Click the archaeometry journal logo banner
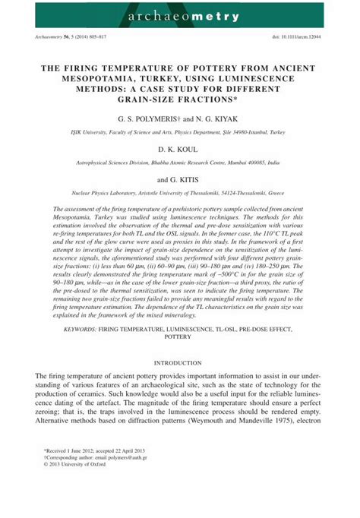180,14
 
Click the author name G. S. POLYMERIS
150,119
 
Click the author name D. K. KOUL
180,150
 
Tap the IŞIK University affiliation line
180,132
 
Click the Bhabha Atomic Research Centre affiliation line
180,163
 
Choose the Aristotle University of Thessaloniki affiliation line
180,193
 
